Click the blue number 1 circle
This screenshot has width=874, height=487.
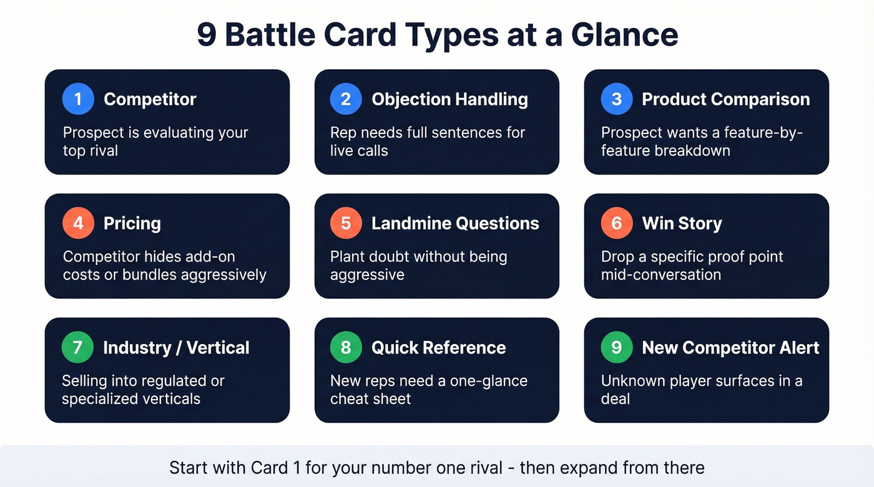(x=78, y=99)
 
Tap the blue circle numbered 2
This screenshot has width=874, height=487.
(x=346, y=99)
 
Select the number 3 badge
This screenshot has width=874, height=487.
(x=617, y=99)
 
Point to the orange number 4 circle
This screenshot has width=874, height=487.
(x=78, y=223)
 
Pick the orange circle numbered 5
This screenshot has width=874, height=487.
(x=346, y=223)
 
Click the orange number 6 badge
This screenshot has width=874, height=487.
(x=617, y=223)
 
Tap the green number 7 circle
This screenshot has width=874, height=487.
(x=78, y=347)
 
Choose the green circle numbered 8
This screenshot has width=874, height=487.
(x=346, y=347)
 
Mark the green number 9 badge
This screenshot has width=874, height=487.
(x=617, y=347)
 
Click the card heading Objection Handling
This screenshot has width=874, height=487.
(x=449, y=99)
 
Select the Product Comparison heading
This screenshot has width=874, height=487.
(x=725, y=99)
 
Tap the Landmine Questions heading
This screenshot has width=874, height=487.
(x=455, y=223)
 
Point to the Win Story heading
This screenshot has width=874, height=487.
(x=682, y=223)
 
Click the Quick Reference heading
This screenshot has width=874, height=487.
(x=438, y=347)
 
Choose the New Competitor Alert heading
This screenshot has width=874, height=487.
(x=730, y=347)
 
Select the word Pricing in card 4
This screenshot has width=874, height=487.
(x=132, y=223)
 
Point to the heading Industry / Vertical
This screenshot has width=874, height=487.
(x=176, y=347)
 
